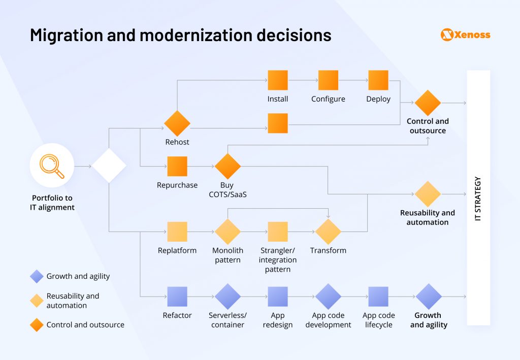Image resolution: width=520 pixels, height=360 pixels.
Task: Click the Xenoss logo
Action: (x=465, y=35)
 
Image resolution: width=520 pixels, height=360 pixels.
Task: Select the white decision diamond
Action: (x=109, y=166)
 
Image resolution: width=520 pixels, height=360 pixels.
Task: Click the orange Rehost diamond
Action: (x=177, y=123)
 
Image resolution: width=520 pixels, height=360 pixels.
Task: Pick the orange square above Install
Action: (x=278, y=80)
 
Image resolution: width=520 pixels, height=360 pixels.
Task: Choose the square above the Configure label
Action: (x=328, y=80)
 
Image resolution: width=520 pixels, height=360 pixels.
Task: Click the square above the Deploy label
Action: (x=378, y=80)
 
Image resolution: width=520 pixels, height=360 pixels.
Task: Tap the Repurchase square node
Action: (x=177, y=166)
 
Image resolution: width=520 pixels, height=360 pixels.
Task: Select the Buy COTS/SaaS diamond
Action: (x=227, y=166)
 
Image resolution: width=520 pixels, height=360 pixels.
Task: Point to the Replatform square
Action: (x=177, y=232)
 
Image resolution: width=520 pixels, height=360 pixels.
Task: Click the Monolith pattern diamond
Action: (x=227, y=232)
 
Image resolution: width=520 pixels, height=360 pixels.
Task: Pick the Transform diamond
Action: (x=328, y=232)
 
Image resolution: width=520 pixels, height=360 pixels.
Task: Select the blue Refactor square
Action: (x=177, y=297)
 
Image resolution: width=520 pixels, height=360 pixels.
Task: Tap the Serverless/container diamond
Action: (x=227, y=297)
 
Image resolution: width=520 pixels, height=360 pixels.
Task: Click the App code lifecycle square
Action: (x=378, y=297)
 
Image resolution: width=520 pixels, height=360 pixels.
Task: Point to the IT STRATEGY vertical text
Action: (x=478, y=198)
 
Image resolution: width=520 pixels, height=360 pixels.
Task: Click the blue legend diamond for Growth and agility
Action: (x=37, y=276)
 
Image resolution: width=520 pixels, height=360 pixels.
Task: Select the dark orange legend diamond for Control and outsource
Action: (x=37, y=325)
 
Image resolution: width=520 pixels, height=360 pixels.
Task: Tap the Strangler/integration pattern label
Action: (x=278, y=259)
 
